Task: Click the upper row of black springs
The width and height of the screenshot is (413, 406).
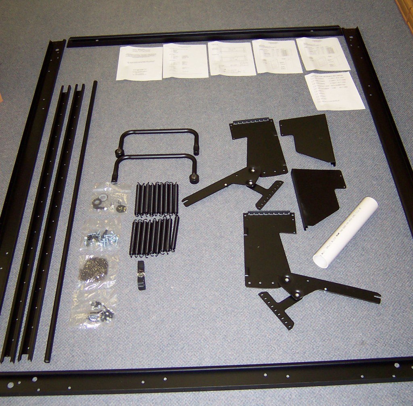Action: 157,198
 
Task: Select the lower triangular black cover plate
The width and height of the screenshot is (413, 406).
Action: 317,194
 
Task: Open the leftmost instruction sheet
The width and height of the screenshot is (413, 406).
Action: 140,63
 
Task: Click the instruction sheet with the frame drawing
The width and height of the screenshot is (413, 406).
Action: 232,59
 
